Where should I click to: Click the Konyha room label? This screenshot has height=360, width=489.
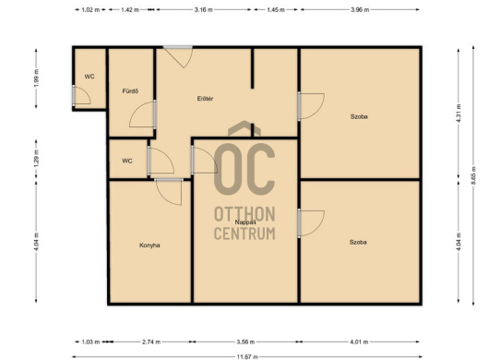149,246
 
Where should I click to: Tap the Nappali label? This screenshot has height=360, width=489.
245,222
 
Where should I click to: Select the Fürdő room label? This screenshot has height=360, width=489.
130,91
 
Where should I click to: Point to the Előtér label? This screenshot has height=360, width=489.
205,99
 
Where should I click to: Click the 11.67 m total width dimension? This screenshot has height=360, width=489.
247,356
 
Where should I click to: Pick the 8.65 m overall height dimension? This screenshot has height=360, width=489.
473,175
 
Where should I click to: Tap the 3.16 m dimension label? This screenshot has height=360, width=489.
204,9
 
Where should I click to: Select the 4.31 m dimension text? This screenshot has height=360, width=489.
459,114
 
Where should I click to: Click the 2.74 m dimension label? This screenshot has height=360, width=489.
151,342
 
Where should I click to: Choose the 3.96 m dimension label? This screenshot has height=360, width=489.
360,9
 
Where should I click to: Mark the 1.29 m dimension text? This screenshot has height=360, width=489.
37,159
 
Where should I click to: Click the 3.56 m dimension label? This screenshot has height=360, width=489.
245,342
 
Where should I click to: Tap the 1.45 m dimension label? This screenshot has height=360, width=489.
276,9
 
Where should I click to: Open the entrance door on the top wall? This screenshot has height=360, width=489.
178,56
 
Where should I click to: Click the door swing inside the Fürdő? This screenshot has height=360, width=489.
143,114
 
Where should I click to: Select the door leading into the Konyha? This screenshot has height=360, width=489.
169,192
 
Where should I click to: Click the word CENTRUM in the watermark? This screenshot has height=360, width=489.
244,234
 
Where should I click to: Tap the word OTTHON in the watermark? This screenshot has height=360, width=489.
244,214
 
